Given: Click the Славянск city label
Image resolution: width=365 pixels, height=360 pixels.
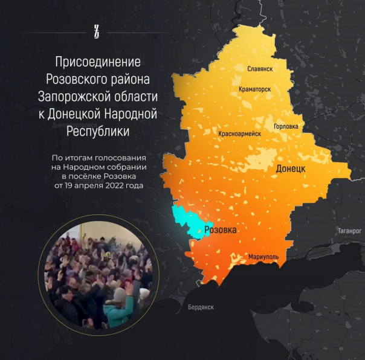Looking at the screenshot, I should pyautogui.click(x=260, y=69).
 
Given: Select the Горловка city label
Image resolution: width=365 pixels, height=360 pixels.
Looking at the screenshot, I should pyautogui.click(x=286, y=126).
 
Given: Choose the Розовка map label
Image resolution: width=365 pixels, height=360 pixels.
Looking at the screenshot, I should pyautogui.click(x=221, y=231).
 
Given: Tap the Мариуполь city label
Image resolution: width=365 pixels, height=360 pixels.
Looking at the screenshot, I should pyautogui.click(x=263, y=257).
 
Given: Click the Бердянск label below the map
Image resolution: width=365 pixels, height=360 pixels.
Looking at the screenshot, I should pyautogui.click(x=201, y=307).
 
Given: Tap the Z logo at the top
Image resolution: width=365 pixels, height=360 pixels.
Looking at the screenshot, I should pyautogui.click(x=97, y=32).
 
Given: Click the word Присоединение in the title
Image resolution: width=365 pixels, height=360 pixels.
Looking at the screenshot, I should pyautogui.click(x=97, y=62).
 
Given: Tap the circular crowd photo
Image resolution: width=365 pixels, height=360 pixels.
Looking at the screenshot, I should pyautogui.click(x=99, y=277).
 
